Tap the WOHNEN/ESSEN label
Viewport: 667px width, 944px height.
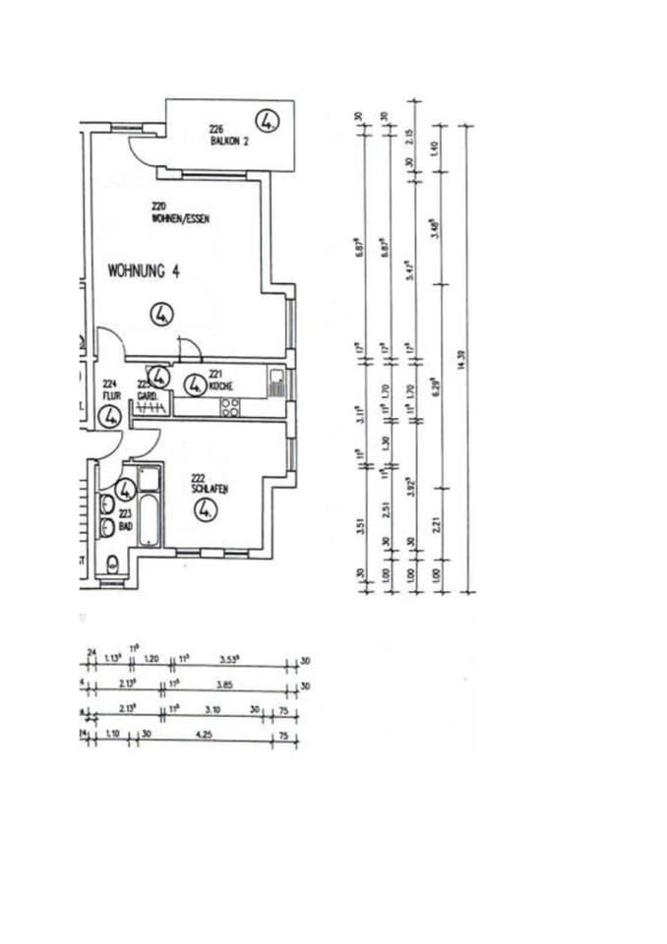(180, 218)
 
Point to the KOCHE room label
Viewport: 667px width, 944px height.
(218, 385)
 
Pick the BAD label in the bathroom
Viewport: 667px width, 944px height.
(125, 526)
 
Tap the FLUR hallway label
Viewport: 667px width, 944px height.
(109, 396)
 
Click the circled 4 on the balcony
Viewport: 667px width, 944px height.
(268, 122)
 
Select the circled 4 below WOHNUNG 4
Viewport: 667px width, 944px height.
(161, 315)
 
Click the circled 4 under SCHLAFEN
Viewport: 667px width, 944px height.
(205, 510)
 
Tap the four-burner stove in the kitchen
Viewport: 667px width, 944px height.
(231, 406)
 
